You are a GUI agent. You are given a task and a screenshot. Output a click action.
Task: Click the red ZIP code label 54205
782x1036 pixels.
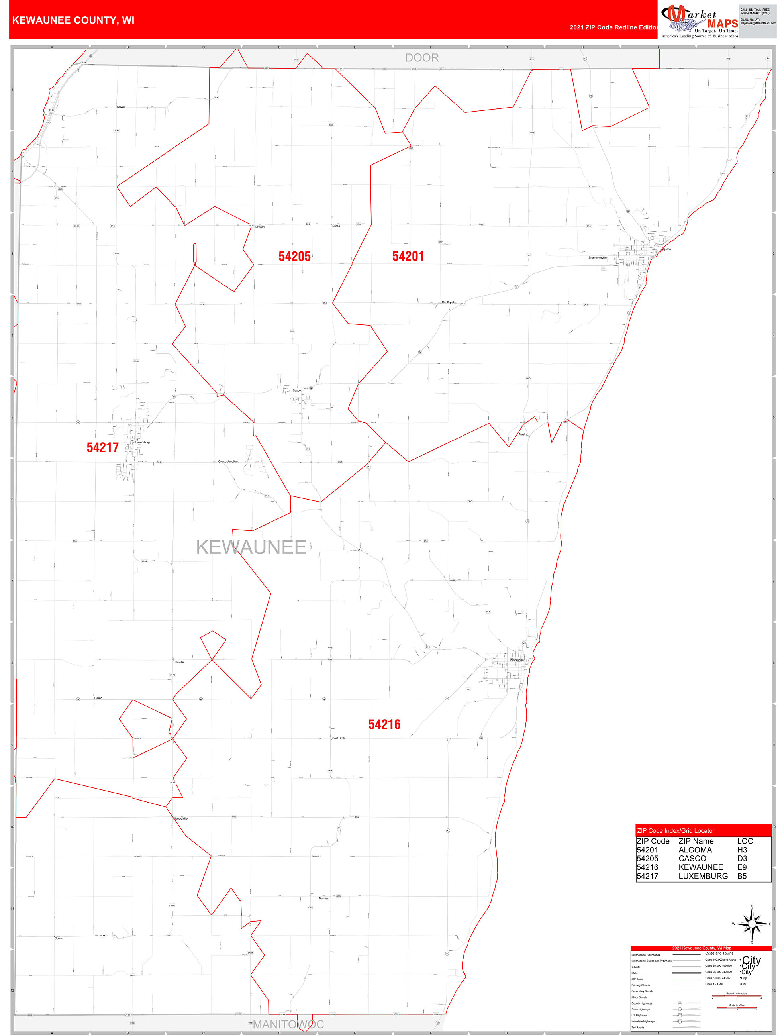294,256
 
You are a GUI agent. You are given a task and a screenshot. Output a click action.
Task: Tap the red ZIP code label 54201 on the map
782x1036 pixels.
408,256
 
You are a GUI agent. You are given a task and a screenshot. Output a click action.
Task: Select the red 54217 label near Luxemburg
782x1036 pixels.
102,447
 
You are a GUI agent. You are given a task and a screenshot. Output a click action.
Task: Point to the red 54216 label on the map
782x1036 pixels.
384,724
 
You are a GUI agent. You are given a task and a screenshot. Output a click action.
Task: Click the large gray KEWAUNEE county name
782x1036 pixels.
251,547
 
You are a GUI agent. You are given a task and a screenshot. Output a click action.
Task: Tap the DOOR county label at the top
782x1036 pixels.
422,58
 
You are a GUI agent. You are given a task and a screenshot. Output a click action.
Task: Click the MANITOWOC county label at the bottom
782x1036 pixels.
288,1024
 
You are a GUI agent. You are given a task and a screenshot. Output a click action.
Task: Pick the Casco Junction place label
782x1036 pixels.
228,461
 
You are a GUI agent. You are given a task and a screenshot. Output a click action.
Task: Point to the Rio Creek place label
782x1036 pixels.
448,302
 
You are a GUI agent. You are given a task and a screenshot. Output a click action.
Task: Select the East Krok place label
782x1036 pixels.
338,738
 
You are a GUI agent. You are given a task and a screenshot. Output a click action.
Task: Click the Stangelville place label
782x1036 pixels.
180,818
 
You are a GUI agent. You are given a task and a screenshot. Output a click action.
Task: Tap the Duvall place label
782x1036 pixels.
121,107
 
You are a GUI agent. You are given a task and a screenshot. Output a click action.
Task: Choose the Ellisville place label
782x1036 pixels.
178,662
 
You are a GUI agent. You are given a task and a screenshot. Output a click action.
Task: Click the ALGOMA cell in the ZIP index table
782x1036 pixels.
695,850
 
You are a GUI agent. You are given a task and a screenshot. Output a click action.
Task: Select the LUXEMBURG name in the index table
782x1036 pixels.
703,876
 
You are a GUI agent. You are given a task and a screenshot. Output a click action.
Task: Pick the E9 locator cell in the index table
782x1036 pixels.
742,867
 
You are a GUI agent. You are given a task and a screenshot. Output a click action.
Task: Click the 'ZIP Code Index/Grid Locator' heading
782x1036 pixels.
676,831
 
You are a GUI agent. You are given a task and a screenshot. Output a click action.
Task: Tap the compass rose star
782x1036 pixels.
752,924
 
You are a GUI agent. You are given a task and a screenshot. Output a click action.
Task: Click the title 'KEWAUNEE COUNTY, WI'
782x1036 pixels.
73,20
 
